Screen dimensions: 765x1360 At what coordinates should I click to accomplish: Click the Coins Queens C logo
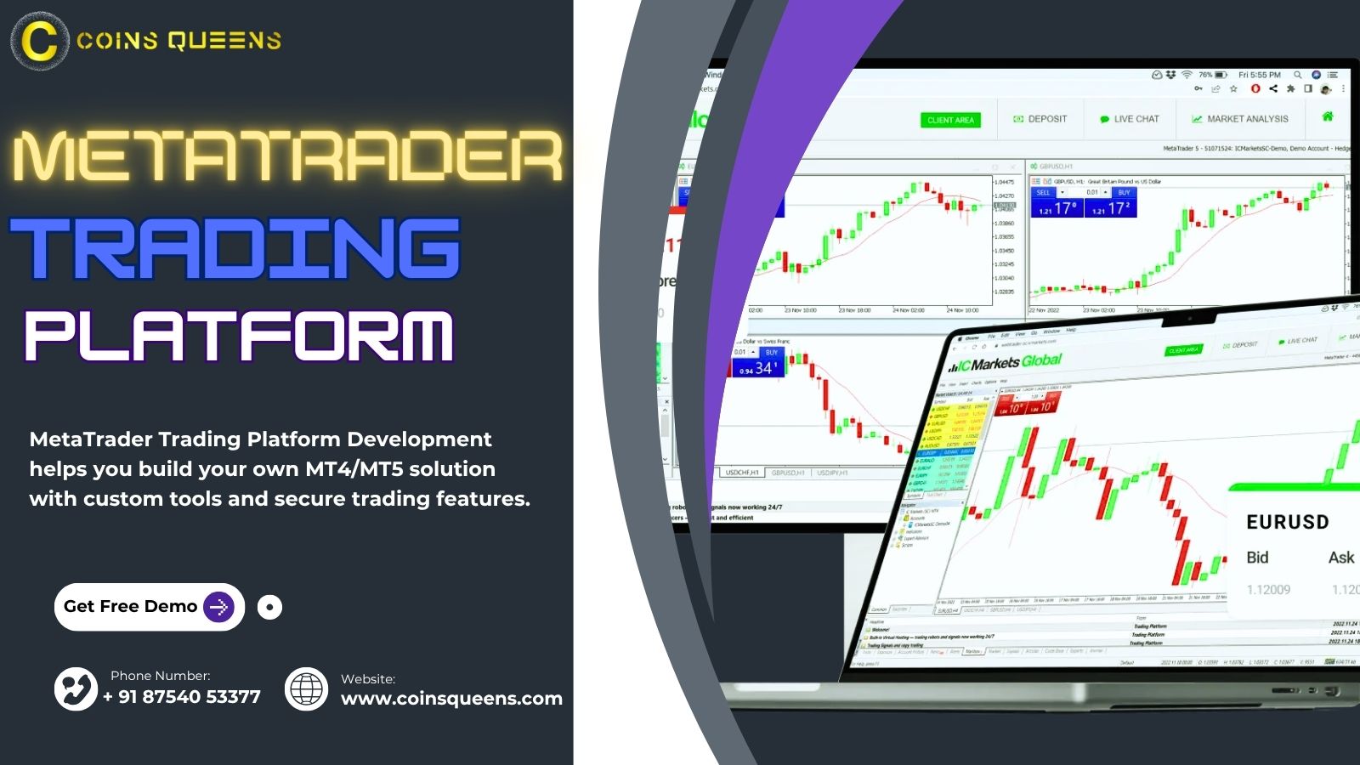pyautogui.click(x=39, y=41)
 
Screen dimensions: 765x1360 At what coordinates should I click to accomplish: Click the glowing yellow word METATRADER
pyautogui.click(x=287, y=157)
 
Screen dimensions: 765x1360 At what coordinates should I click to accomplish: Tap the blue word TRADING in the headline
pyautogui.click(x=235, y=248)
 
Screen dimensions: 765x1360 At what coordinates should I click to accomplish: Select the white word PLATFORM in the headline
pyautogui.click(x=239, y=336)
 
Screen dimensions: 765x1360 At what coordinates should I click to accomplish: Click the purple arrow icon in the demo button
pyautogui.click(x=218, y=607)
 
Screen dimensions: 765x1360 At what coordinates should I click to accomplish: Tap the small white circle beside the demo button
pyautogui.click(x=269, y=607)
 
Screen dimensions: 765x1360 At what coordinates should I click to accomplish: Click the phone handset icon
pyautogui.click(x=76, y=688)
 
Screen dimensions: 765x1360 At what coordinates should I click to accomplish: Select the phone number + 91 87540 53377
pyautogui.click(x=181, y=697)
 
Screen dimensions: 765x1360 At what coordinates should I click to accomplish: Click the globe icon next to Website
pyautogui.click(x=306, y=688)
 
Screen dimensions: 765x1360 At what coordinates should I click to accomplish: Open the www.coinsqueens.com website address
pyautogui.click(x=451, y=699)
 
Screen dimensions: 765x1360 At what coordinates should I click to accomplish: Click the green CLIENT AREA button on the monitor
pyautogui.click(x=950, y=120)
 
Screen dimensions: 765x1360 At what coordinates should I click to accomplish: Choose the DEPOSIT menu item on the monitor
pyautogui.click(x=1040, y=119)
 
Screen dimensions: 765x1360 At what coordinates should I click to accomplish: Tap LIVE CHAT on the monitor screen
pyautogui.click(x=1130, y=119)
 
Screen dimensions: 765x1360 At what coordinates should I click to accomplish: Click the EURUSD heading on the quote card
pyautogui.click(x=1287, y=523)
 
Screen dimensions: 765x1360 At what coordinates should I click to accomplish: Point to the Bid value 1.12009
pyautogui.click(x=1268, y=590)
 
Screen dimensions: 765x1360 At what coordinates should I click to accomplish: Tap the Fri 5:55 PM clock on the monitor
pyautogui.click(x=1259, y=75)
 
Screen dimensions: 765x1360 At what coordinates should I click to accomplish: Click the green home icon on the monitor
pyautogui.click(x=1328, y=116)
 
